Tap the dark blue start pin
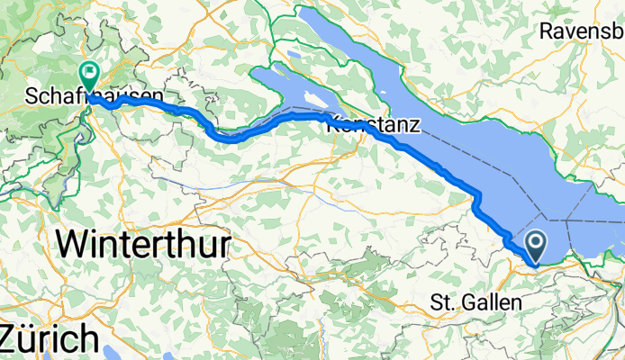click(x=535, y=243)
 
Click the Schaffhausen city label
click(x=95, y=95)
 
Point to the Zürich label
click(x=49, y=339)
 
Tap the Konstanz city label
click(x=372, y=126)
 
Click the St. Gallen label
click(x=476, y=302)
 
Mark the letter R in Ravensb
click(x=547, y=31)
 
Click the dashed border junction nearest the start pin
click(x=548, y=216)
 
